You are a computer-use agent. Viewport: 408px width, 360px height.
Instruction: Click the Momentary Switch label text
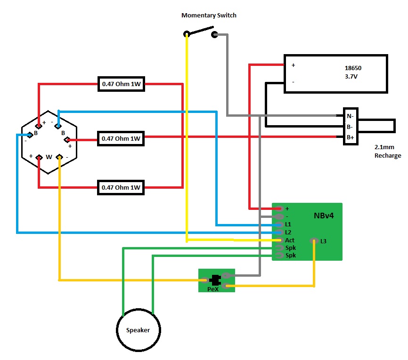[209, 16]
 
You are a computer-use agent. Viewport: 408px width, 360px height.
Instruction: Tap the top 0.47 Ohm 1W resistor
[121, 85]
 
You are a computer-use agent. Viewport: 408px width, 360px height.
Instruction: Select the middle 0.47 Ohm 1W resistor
[121, 139]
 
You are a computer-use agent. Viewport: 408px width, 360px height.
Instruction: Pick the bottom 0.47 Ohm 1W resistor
[121, 187]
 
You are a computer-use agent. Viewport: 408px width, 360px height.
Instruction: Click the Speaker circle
[138, 330]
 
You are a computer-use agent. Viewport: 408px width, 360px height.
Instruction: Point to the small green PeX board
[216, 280]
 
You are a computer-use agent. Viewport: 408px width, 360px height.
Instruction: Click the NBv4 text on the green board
[324, 216]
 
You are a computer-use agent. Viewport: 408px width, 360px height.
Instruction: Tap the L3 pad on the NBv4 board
[314, 241]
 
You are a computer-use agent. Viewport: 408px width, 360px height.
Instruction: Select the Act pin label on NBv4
[290, 240]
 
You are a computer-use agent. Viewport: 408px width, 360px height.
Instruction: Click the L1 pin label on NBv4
[288, 224]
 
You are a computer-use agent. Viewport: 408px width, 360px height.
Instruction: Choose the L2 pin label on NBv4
[288, 232]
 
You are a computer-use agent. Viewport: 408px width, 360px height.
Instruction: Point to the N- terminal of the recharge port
[350, 116]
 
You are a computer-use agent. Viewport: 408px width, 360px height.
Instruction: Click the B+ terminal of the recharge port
[350, 137]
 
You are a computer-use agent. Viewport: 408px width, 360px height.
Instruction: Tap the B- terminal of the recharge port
[350, 127]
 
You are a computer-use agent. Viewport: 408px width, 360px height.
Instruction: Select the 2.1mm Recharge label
[387, 152]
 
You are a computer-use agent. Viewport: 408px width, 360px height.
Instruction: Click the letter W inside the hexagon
[49, 157]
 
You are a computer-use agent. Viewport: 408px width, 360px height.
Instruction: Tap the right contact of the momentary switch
[215, 34]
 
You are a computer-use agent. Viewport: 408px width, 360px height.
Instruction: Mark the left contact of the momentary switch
[187, 34]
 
